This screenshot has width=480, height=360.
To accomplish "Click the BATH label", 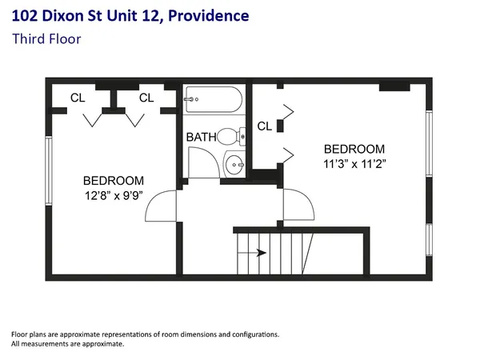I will (201, 137).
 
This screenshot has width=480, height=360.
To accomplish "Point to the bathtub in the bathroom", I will (213, 102).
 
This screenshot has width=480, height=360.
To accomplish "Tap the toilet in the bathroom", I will (231, 136).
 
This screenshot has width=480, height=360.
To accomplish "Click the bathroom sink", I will (234, 165).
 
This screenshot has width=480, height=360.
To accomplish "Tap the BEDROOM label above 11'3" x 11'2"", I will (354, 149).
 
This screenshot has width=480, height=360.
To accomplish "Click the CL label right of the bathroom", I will (264, 126).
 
